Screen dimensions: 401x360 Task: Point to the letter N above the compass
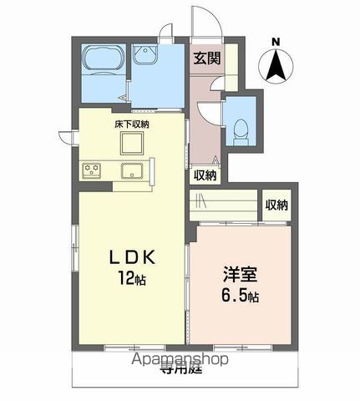click(276, 40)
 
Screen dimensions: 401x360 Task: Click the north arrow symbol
click(276, 67)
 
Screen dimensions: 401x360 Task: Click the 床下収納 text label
click(132, 124)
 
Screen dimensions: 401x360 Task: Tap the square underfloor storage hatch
click(131, 145)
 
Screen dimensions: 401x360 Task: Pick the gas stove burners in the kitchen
click(91, 171)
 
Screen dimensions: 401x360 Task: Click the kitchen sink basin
click(133, 173)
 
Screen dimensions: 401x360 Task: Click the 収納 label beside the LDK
click(205, 175)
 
